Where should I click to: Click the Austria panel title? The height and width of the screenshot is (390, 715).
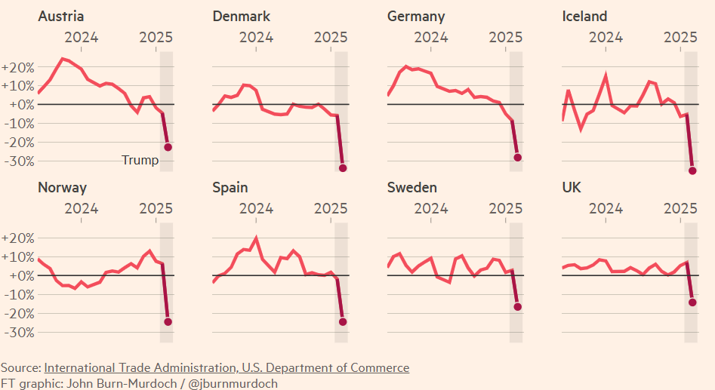pos(61,17)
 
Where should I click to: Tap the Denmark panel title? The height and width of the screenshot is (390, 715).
pos(242,17)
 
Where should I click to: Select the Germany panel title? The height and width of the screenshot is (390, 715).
pos(416,17)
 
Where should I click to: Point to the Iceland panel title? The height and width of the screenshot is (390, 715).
pos(585,17)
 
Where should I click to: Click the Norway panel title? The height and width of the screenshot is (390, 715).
pos(63,188)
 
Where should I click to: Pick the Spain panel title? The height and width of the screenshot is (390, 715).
pos(230,188)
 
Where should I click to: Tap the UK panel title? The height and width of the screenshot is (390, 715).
pos(572,188)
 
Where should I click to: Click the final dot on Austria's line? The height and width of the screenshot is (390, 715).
pos(168,147)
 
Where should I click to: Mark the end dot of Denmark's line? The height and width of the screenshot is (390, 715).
pos(343,168)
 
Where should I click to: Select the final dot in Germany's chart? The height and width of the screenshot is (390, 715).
pos(518,158)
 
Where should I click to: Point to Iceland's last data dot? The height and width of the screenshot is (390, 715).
pos(692,170)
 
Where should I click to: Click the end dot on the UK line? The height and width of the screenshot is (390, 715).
pos(692,302)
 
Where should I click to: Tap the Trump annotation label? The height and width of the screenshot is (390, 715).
pos(140,160)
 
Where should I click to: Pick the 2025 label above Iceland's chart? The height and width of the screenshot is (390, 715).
pos(685,37)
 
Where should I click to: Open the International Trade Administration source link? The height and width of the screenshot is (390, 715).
pos(227,368)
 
